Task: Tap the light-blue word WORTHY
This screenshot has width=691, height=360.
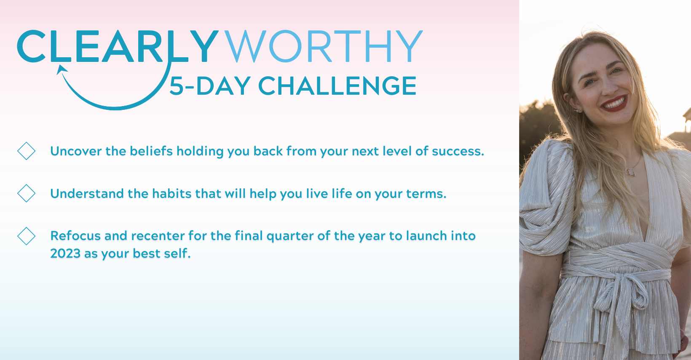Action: coord(324,46)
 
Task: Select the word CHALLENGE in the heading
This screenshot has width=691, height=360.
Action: coord(337,86)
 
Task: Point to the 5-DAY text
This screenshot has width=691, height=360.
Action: coord(210,86)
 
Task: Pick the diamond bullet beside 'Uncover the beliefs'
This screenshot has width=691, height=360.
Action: coord(27,151)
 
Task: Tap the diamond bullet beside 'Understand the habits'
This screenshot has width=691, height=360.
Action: coord(27,193)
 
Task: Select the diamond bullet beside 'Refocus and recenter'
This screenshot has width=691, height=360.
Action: coord(27,236)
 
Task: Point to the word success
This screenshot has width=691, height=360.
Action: coord(458,151)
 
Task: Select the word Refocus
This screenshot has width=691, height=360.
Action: coord(75,236)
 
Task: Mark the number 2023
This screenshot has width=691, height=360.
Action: coord(65,253)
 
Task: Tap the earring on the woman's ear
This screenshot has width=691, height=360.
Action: coord(578,110)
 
